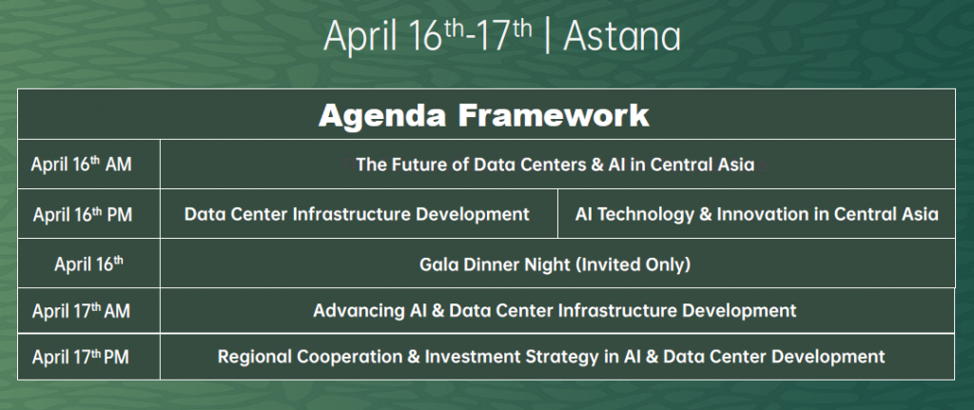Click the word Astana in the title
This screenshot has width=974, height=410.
coord(622,37)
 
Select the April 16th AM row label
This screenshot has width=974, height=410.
coord(82,165)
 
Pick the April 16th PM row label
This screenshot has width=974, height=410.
coord(82,214)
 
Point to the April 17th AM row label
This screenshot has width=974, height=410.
coord(82,310)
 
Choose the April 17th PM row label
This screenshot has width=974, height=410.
coord(81,357)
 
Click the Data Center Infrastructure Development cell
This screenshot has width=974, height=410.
coord(358,214)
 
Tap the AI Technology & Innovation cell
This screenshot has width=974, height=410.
coord(756,214)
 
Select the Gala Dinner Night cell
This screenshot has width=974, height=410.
coord(555,264)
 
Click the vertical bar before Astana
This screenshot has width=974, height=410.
coord(547,37)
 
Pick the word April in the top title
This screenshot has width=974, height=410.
coord(360,37)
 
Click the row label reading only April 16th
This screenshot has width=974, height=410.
coord(88,264)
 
